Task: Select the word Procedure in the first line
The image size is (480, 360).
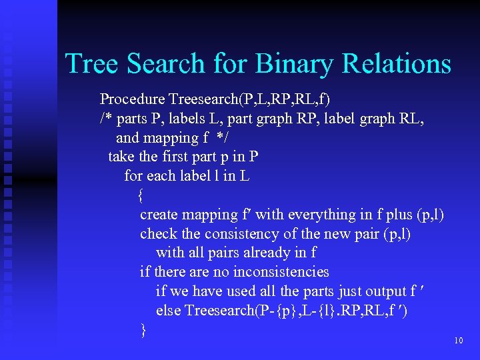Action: [132, 99]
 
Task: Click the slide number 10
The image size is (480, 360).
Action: [458, 341]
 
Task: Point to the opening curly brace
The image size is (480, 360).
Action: [140, 195]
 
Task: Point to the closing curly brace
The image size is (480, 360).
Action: [143, 329]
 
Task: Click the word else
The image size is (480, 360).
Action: [168, 311]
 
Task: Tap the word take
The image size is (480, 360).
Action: [121, 157]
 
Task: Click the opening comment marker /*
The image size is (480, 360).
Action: [105, 119]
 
